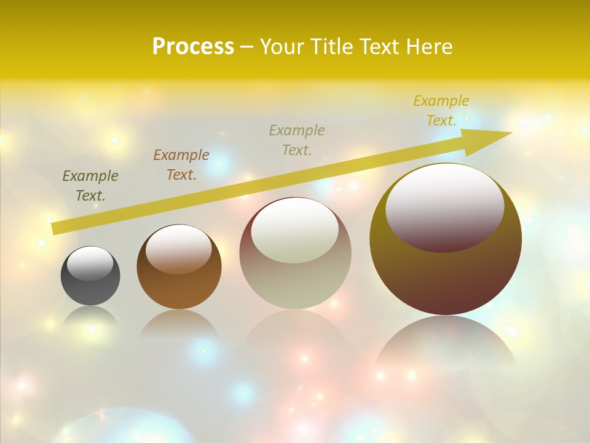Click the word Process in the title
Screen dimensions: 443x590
point(193,46)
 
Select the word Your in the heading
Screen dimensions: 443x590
point(283,46)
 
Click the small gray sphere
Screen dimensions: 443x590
point(90,286)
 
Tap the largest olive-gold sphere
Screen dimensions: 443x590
point(446,277)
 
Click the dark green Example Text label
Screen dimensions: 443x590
point(90,186)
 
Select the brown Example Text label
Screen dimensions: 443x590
point(181,165)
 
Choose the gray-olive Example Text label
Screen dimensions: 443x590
point(297,140)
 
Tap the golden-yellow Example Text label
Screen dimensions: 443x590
point(441,111)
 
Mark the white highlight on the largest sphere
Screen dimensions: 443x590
point(444,206)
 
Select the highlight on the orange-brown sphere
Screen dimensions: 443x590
point(179,248)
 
